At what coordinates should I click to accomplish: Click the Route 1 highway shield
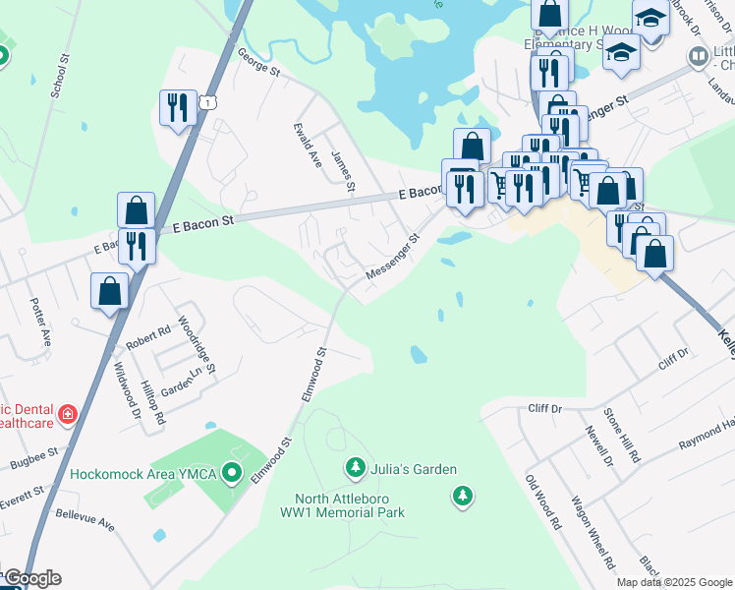click(x=207, y=101)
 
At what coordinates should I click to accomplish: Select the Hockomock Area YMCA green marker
click(x=233, y=474)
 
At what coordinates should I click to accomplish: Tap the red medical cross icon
click(x=67, y=414)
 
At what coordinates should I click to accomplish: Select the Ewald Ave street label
click(x=309, y=145)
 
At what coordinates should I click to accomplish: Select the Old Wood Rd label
click(x=542, y=502)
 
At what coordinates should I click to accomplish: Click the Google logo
click(x=32, y=578)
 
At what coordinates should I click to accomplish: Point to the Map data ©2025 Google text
click(x=674, y=582)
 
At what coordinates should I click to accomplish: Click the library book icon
click(x=698, y=57)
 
